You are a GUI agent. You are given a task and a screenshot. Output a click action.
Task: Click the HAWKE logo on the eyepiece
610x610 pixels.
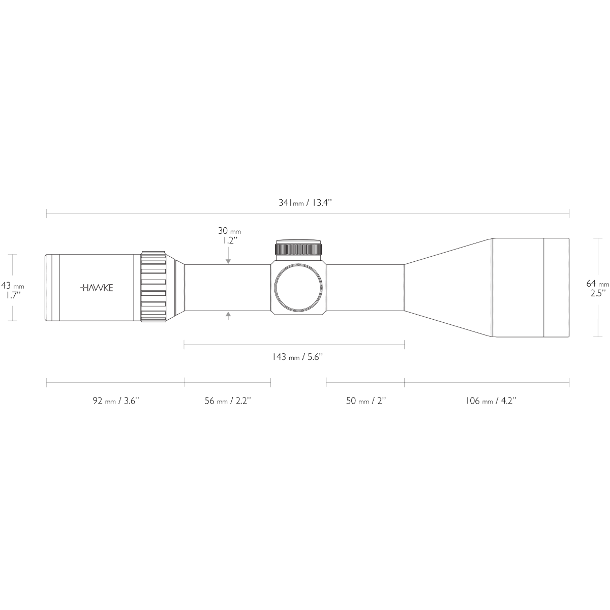tap(97, 288)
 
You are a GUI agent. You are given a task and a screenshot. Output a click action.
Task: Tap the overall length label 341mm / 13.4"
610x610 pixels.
tap(305, 203)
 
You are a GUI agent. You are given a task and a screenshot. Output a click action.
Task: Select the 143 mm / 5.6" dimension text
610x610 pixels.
tap(297, 357)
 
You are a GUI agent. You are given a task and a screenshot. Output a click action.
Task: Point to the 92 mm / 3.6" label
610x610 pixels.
tap(116, 401)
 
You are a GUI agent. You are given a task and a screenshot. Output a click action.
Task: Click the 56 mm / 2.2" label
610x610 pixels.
tap(228, 401)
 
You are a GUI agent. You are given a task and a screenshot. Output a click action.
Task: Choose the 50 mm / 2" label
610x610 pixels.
tap(365, 401)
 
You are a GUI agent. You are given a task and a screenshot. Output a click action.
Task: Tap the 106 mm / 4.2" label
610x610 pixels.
tap(491, 401)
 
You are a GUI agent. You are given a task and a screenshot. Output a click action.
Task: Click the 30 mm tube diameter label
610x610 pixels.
tap(229, 231)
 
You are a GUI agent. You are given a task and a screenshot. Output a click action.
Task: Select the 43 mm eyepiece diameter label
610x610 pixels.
tap(13, 286)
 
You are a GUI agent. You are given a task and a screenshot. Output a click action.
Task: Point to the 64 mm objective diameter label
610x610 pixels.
tap(598, 283)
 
